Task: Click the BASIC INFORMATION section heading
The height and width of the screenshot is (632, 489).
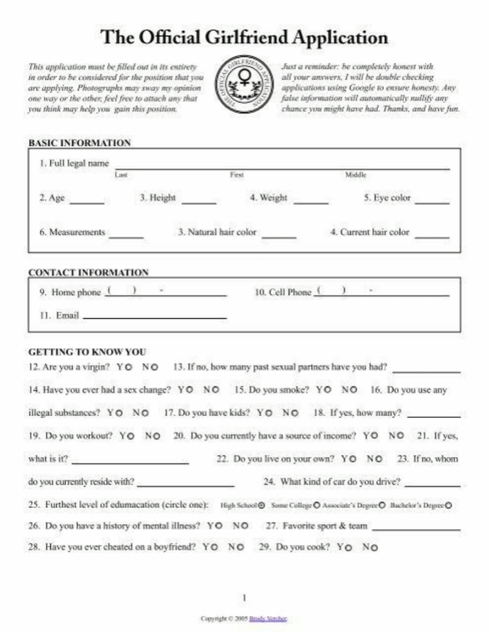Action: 79,143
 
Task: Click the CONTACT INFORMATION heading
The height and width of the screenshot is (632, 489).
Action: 88,272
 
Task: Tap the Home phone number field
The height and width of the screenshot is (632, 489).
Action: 166,293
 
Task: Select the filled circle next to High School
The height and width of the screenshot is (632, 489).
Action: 262,505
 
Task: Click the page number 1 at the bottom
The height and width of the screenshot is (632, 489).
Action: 245,597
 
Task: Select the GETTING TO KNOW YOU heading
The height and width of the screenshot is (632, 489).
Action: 87,352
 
